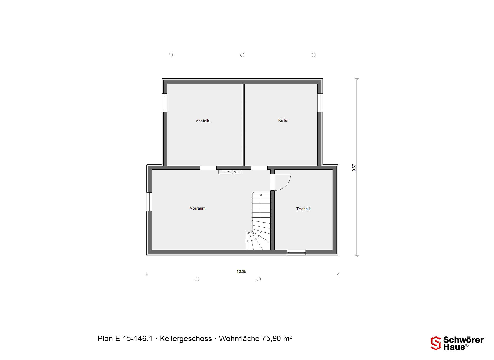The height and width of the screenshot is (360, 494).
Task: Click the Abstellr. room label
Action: (x=203, y=121)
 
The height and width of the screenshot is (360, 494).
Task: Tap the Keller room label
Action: (x=284, y=120)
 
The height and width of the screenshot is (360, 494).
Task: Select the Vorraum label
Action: (x=198, y=208)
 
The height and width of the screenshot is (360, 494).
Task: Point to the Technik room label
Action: (x=304, y=209)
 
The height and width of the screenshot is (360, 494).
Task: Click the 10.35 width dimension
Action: (x=242, y=271)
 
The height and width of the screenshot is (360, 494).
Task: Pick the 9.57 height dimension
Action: (x=354, y=168)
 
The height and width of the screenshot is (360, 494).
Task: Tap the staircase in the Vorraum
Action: (x=259, y=221)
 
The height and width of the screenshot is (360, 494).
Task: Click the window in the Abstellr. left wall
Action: (x=164, y=103)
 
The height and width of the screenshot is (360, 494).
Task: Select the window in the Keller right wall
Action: (x=320, y=103)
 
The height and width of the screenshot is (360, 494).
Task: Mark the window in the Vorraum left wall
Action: (x=149, y=202)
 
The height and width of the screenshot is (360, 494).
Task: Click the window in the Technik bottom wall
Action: (x=296, y=253)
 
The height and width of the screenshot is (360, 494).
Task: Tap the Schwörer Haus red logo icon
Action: (x=436, y=343)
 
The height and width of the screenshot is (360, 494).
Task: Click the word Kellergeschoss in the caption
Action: (x=186, y=339)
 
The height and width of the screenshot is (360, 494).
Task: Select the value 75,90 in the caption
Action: (x=271, y=339)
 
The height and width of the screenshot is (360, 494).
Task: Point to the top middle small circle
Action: (x=242, y=55)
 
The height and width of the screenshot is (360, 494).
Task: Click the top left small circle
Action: (x=171, y=55)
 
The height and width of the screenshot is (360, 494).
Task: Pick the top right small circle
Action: (x=314, y=55)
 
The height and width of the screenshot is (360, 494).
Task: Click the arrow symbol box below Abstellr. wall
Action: (x=230, y=172)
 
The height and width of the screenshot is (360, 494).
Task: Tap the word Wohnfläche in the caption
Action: (x=239, y=339)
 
